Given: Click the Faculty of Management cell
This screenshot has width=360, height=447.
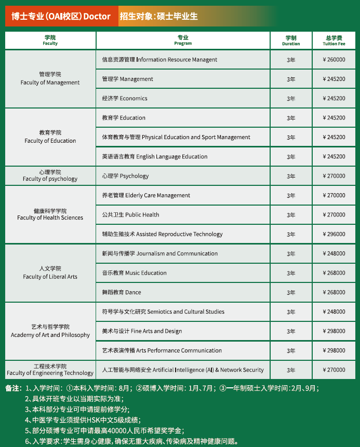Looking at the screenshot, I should click(50, 78).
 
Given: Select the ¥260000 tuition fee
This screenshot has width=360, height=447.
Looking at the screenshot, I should click(334, 60).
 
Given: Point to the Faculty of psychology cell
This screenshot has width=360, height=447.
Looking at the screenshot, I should click(50, 175).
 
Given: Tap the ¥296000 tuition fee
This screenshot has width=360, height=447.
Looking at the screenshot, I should click(334, 234).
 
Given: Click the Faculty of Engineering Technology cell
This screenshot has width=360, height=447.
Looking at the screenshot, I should click(50, 370).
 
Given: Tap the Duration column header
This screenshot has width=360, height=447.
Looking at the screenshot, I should click(291, 40).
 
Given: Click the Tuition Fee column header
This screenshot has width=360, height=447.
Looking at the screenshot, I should click(334, 40).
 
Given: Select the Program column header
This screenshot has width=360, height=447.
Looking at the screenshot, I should click(183, 40).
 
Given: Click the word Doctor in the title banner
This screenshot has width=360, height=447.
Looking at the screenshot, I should click(97, 17).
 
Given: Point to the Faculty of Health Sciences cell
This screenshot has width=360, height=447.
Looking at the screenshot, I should click(50, 214).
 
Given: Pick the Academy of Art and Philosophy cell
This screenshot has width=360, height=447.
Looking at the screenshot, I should click(50, 331).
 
